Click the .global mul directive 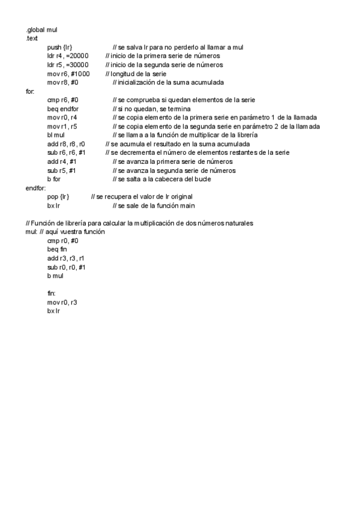41,29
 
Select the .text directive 31,38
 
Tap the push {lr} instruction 60,47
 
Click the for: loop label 30,91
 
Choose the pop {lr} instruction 59,197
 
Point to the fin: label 51,294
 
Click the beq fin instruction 56,249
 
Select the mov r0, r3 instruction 62,303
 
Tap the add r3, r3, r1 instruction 65,258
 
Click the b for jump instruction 53,179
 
